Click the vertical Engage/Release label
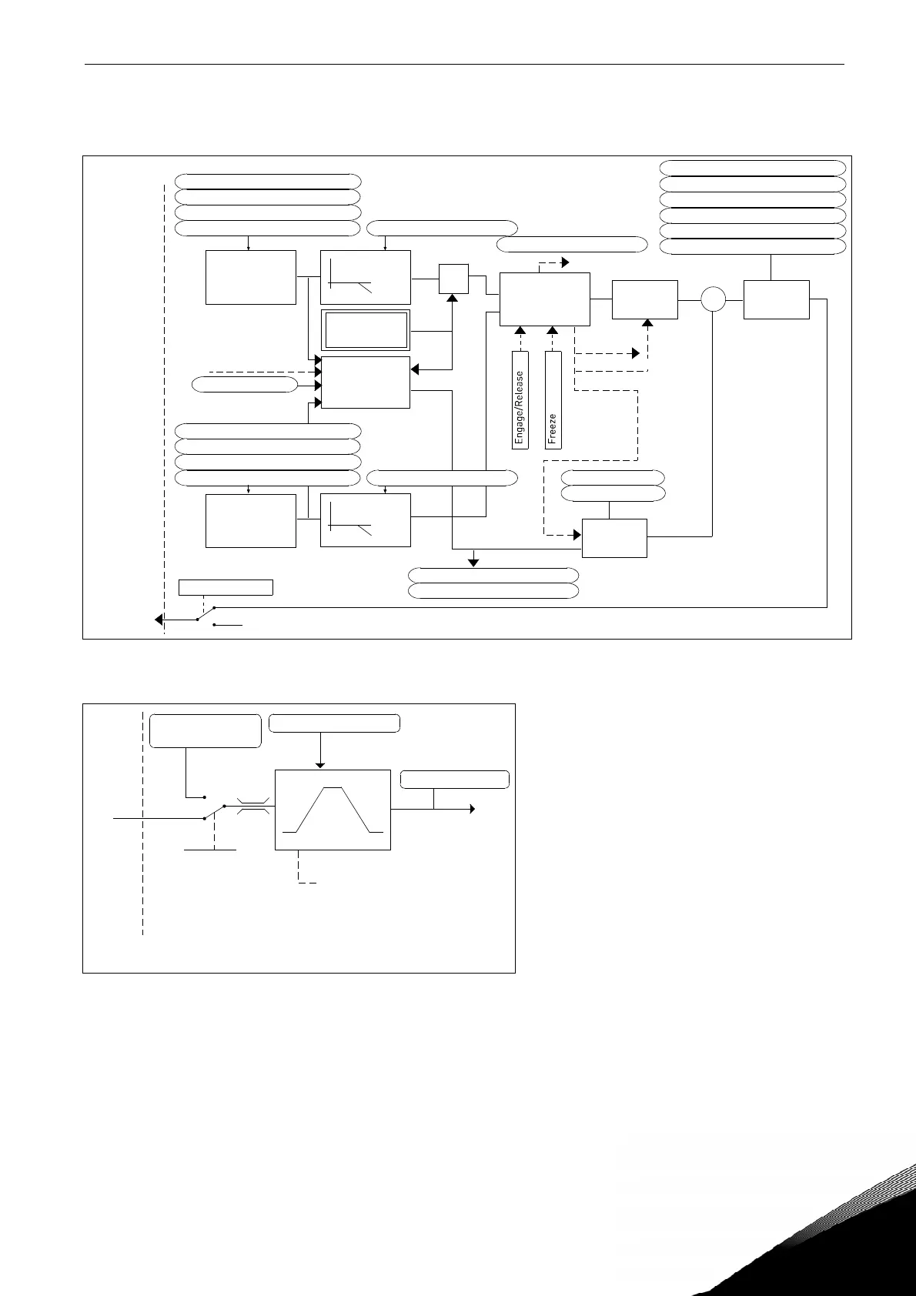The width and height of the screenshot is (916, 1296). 520,401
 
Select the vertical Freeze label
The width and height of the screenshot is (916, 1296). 553,401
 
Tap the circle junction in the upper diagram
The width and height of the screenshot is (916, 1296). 714,299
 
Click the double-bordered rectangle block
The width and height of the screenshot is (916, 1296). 366,331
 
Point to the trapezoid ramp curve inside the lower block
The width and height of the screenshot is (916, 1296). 333,810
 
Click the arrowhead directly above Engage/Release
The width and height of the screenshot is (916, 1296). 520,332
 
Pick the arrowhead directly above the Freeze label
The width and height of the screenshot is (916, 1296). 553,332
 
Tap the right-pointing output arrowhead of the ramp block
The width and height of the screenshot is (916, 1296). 472,809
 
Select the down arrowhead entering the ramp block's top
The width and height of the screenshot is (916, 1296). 320,763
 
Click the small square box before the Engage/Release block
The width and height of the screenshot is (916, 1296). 453,279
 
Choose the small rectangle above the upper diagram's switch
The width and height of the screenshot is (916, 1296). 226,587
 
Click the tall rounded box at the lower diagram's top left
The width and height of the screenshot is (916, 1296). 206,731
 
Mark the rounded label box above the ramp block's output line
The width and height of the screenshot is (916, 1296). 455,780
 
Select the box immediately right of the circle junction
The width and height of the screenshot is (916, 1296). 777,299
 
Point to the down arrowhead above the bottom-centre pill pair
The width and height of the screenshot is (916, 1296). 474,562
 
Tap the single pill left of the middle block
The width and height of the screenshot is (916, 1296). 245,385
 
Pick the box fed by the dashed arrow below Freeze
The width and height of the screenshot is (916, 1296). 614,538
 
